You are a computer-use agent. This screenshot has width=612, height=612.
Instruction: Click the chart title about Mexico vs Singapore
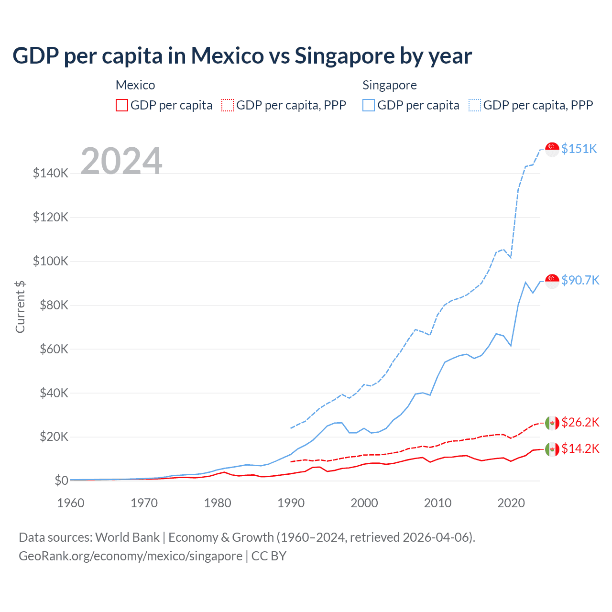click(x=242, y=56)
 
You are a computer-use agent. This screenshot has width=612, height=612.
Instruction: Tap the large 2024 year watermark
click(x=121, y=161)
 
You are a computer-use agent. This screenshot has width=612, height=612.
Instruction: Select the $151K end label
click(x=579, y=149)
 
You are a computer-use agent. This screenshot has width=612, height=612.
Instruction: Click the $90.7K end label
click(x=580, y=280)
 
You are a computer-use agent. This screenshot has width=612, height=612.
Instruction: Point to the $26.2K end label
click(x=580, y=422)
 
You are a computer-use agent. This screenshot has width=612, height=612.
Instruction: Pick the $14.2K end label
click(x=580, y=448)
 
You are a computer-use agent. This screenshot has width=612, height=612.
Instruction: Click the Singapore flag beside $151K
click(x=552, y=149)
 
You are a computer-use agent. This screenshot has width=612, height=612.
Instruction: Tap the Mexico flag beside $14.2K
click(x=552, y=449)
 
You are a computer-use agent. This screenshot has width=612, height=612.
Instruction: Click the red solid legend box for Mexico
click(x=122, y=105)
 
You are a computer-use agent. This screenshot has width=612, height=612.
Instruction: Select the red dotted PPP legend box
click(x=228, y=105)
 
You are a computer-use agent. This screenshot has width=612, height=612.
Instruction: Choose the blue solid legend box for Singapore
click(x=369, y=105)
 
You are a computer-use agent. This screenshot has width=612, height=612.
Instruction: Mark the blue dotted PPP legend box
click(x=475, y=105)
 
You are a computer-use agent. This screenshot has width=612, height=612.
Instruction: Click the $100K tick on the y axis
click(x=51, y=261)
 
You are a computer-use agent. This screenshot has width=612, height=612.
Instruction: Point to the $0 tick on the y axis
click(x=61, y=481)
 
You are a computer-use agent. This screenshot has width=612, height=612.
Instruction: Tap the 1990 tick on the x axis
click(x=291, y=503)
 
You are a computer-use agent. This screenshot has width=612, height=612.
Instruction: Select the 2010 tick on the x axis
click(x=437, y=503)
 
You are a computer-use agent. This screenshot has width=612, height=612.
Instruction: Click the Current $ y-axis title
click(x=20, y=306)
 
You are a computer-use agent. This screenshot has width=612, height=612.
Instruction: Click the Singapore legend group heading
click(x=389, y=85)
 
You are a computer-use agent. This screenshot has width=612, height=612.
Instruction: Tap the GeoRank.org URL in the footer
click(x=131, y=556)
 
